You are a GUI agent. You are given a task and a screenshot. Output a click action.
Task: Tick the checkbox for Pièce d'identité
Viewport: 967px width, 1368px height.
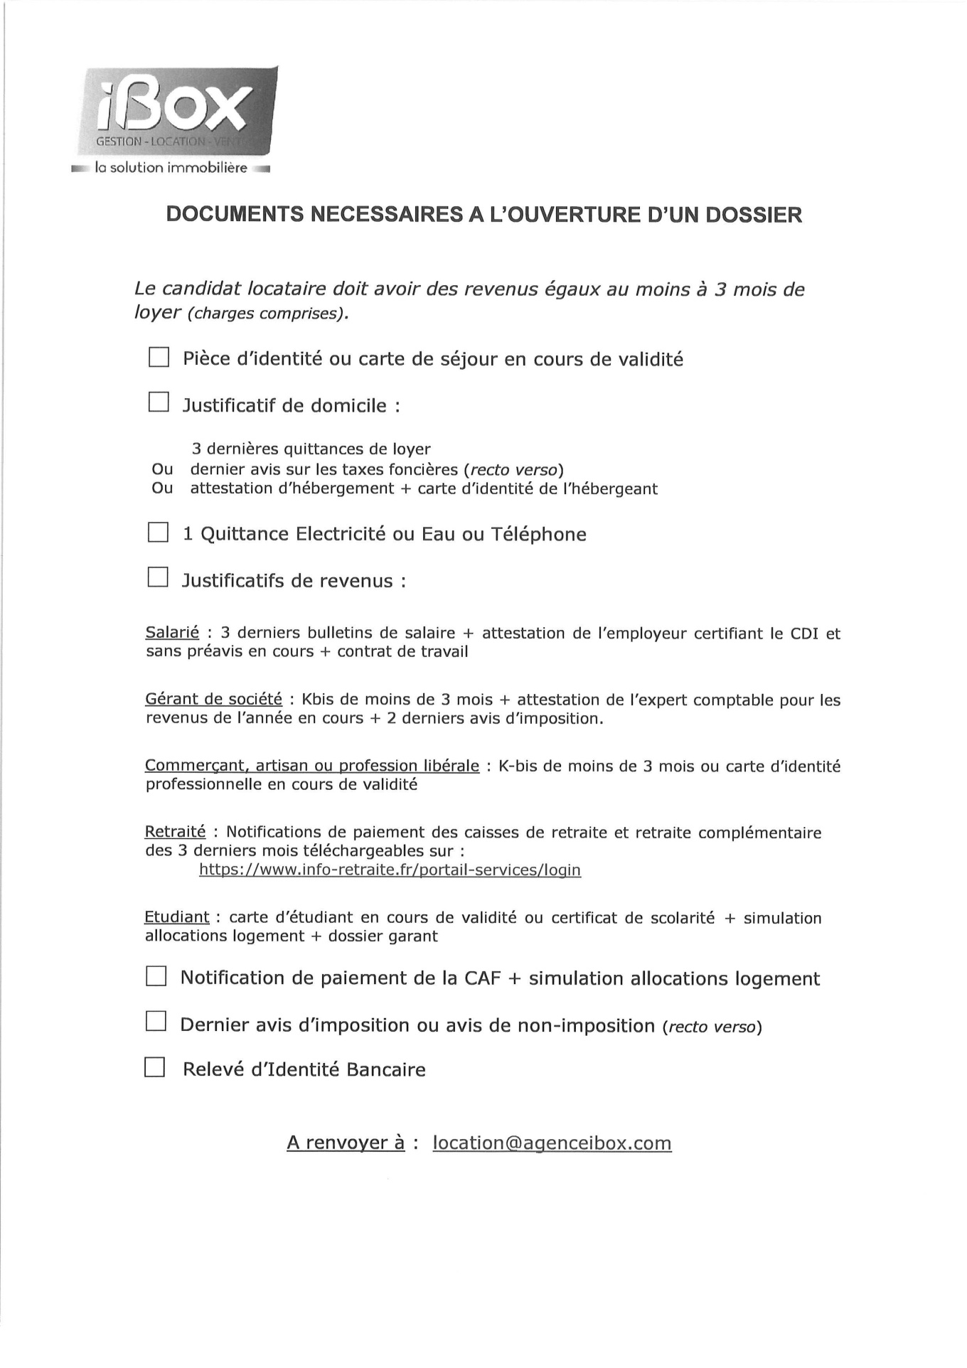pos(159,357)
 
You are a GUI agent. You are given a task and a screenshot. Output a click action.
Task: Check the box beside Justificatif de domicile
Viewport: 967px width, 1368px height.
pos(159,402)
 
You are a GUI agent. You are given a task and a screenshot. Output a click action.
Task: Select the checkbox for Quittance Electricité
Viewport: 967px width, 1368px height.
pos(158,533)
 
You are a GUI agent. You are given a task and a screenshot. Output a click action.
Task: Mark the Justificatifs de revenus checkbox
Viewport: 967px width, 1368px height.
pos(158,577)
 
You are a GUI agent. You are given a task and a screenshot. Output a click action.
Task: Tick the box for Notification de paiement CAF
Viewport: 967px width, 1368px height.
pos(156,976)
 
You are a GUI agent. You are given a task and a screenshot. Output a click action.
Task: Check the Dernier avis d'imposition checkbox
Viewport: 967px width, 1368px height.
pos(156,1022)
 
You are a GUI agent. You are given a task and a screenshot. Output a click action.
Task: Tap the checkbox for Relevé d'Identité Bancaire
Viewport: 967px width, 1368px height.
pos(154,1068)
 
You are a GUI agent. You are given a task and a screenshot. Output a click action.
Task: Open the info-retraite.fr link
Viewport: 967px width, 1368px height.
pos(390,870)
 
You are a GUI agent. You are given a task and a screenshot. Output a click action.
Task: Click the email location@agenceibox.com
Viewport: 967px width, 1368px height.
pos(552,1143)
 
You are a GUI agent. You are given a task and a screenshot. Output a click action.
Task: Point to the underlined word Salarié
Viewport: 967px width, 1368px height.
pos(172,633)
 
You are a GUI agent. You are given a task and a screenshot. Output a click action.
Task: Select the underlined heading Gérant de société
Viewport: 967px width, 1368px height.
pos(213,700)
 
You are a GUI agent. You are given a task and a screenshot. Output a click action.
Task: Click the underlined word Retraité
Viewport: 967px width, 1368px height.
pos(175,832)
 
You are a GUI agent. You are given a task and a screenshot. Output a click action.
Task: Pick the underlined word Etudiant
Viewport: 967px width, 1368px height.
pos(177,917)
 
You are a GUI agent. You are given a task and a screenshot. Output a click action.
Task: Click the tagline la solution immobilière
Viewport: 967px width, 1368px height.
pos(171,169)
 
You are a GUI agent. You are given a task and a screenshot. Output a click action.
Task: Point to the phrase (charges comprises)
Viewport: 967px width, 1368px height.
pos(267,314)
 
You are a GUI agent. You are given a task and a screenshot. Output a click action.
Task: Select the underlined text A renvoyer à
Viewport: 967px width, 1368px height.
pos(346,1143)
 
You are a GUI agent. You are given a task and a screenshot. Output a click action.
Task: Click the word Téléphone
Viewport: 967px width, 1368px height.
pos(538,534)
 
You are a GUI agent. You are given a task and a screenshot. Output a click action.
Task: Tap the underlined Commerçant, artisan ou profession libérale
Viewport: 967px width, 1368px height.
pos(312,766)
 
